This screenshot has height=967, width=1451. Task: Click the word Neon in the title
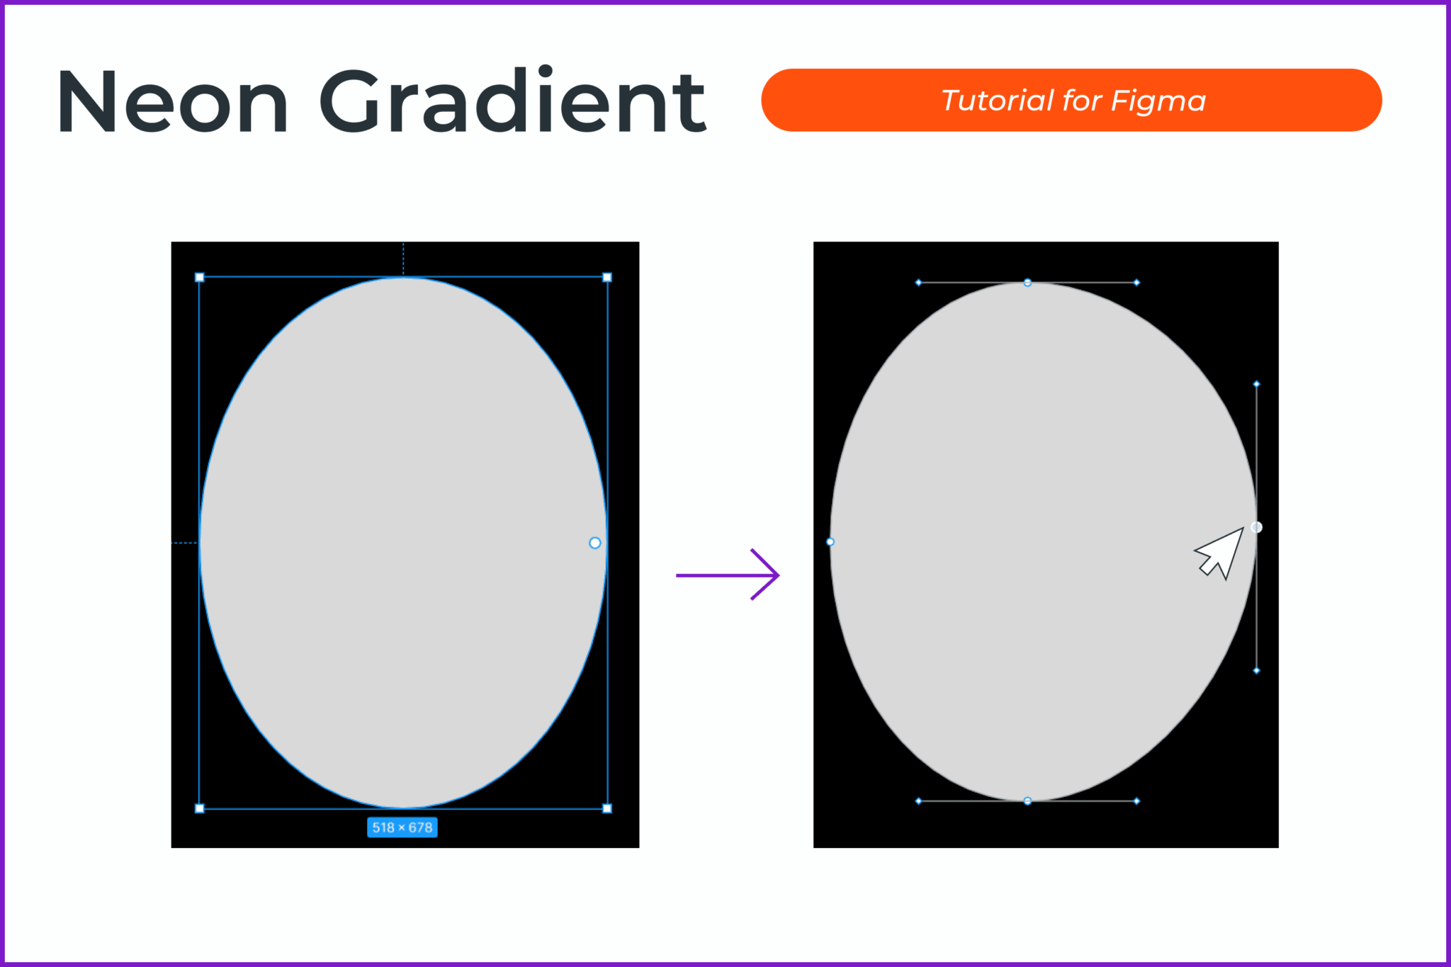pyautogui.click(x=173, y=101)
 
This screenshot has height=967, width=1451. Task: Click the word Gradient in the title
pyautogui.click(x=512, y=101)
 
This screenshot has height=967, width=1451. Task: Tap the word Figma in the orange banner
pyautogui.click(x=1158, y=101)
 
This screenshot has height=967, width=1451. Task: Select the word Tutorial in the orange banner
pyautogui.click(x=996, y=101)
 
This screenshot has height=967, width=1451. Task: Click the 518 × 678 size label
pyautogui.click(x=402, y=827)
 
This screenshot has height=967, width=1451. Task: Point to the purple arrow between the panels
pyautogui.click(x=728, y=575)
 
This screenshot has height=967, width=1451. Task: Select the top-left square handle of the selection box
pyautogui.click(x=200, y=277)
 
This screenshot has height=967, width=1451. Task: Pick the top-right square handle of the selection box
pyautogui.click(x=607, y=277)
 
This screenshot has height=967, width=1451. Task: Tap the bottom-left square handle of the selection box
pyautogui.click(x=200, y=808)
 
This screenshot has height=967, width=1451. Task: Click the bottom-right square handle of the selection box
pyautogui.click(x=607, y=808)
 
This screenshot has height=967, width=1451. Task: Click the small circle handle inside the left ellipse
pyautogui.click(x=595, y=543)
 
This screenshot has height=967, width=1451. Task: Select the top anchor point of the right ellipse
pyautogui.click(x=1027, y=283)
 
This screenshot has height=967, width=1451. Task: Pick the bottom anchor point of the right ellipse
pyautogui.click(x=1027, y=801)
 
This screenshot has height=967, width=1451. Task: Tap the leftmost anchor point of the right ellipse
pyautogui.click(x=830, y=542)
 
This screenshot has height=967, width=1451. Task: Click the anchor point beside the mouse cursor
pyautogui.click(x=1257, y=527)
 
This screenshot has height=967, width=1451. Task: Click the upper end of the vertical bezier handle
pyautogui.click(x=1257, y=384)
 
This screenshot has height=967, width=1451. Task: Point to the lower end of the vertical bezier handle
pyautogui.click(x=1257, y=670)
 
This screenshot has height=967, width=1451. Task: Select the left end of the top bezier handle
pyautogui.click(x=919, y=283)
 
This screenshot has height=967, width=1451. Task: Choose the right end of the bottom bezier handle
pyautogui.click(x=1137, y=801)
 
